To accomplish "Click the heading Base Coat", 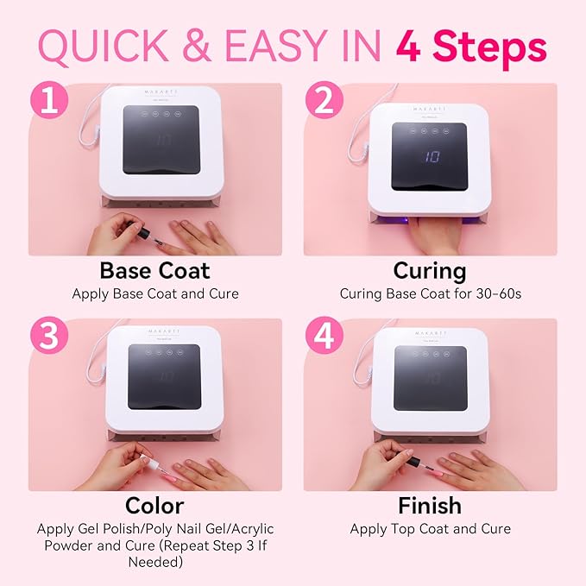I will coord(155,270).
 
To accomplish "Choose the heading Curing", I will coord(429,270).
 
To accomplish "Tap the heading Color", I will coord(155,505).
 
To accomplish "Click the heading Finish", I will coord(429,505).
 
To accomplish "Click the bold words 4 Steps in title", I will coord(471,47).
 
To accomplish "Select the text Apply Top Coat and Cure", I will coord(430,529).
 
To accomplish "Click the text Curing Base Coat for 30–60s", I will coord(430,294).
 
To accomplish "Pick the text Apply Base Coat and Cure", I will coord(155,294).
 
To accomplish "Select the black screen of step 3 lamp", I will coord(164,377).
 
